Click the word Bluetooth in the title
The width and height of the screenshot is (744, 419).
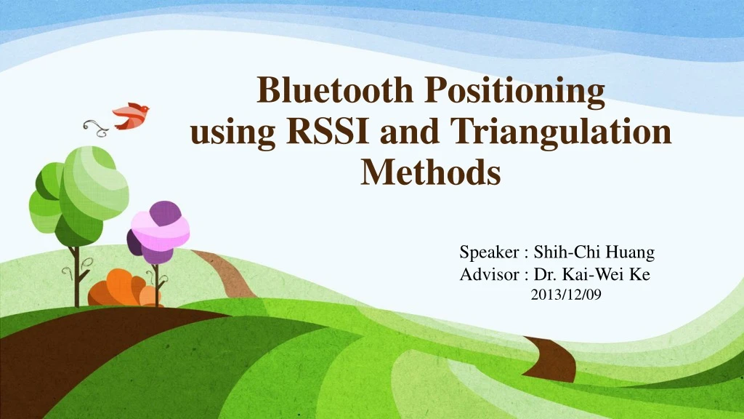pyautogui.click(x=331, y=92)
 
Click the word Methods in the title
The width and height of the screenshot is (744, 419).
pyautogui.click(x=431, y=173)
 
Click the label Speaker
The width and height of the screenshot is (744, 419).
pyautogui.click(x=489, y=253)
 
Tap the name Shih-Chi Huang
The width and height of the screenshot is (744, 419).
pyautogui.click(x=594, y=253)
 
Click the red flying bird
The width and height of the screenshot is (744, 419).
pyautogui.click(x=131, y=115)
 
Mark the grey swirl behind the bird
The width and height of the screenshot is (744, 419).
pyautogui.click(x=95, y=127)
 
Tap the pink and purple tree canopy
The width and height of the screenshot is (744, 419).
pyautogui.click(x=158, y=231)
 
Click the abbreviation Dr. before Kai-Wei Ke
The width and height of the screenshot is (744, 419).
pyautogui.click(x=544, y=274)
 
